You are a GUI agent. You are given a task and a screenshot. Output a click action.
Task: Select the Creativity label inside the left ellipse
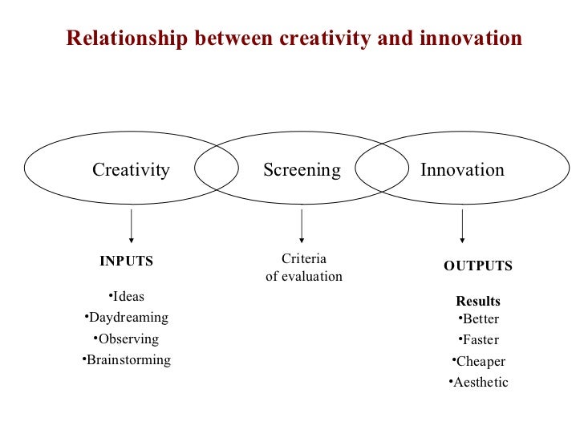point(131,170)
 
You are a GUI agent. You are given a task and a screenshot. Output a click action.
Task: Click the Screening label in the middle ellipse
point(302,170)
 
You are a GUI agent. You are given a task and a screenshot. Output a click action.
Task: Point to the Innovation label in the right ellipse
point(462,170)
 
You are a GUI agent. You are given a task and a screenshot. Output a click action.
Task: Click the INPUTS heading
point(126,261)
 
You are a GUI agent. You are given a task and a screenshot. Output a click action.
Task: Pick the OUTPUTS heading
point(478,266)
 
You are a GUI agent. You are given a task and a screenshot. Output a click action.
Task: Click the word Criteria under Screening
point(304,259)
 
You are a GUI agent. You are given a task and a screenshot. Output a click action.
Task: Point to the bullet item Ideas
point(128,297)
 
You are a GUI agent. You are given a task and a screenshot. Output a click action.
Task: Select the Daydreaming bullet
point(127,318)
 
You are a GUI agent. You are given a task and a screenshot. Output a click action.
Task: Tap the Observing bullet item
point(127,339)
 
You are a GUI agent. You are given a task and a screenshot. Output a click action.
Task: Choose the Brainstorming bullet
point(127,359)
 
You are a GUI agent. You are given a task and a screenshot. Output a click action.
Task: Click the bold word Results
point(478,302)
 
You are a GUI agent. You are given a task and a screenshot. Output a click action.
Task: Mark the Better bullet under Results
point(479,318)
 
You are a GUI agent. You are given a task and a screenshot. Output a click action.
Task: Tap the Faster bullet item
point(479,339)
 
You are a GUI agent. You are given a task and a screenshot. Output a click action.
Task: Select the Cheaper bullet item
point(479,361)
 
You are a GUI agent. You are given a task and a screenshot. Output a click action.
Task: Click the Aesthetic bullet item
point(479,382)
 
